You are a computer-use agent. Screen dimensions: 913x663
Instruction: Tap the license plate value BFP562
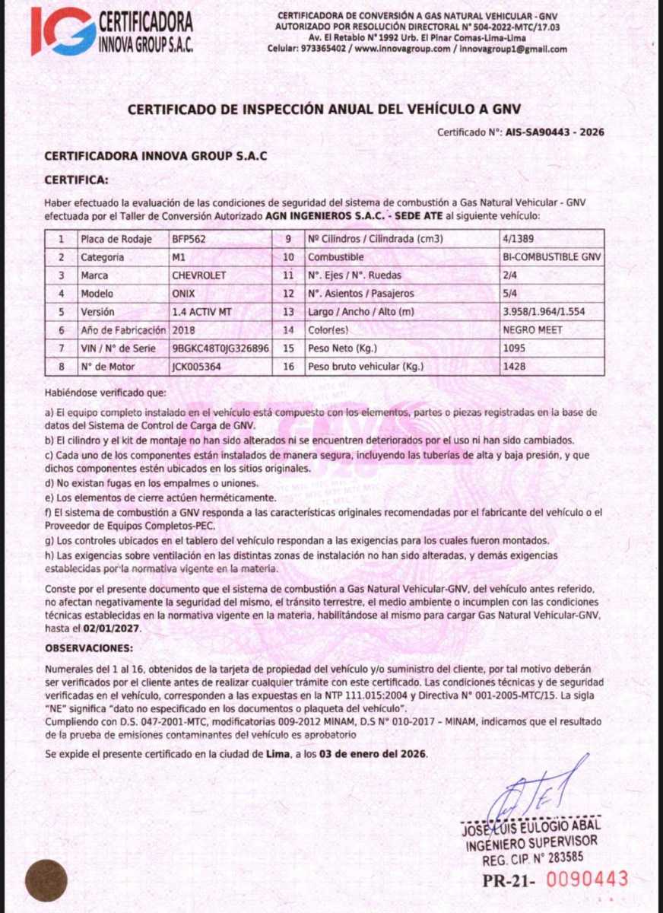[189, 238]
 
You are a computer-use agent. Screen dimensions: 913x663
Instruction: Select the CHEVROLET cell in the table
[200, 275]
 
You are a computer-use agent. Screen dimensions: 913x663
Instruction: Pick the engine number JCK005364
[197, 366]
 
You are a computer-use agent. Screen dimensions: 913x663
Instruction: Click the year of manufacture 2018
[185, 329]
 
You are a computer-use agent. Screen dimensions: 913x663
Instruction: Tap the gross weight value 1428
[514, 366]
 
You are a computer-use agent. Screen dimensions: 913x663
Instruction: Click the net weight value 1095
[514, 348]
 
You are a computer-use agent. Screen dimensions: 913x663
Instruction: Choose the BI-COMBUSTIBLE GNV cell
[552, 256]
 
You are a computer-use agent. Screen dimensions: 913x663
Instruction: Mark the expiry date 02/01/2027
[113, 629]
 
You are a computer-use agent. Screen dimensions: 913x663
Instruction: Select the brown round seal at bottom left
[46, 880]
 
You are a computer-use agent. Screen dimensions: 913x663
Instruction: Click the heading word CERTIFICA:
[77, 180]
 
